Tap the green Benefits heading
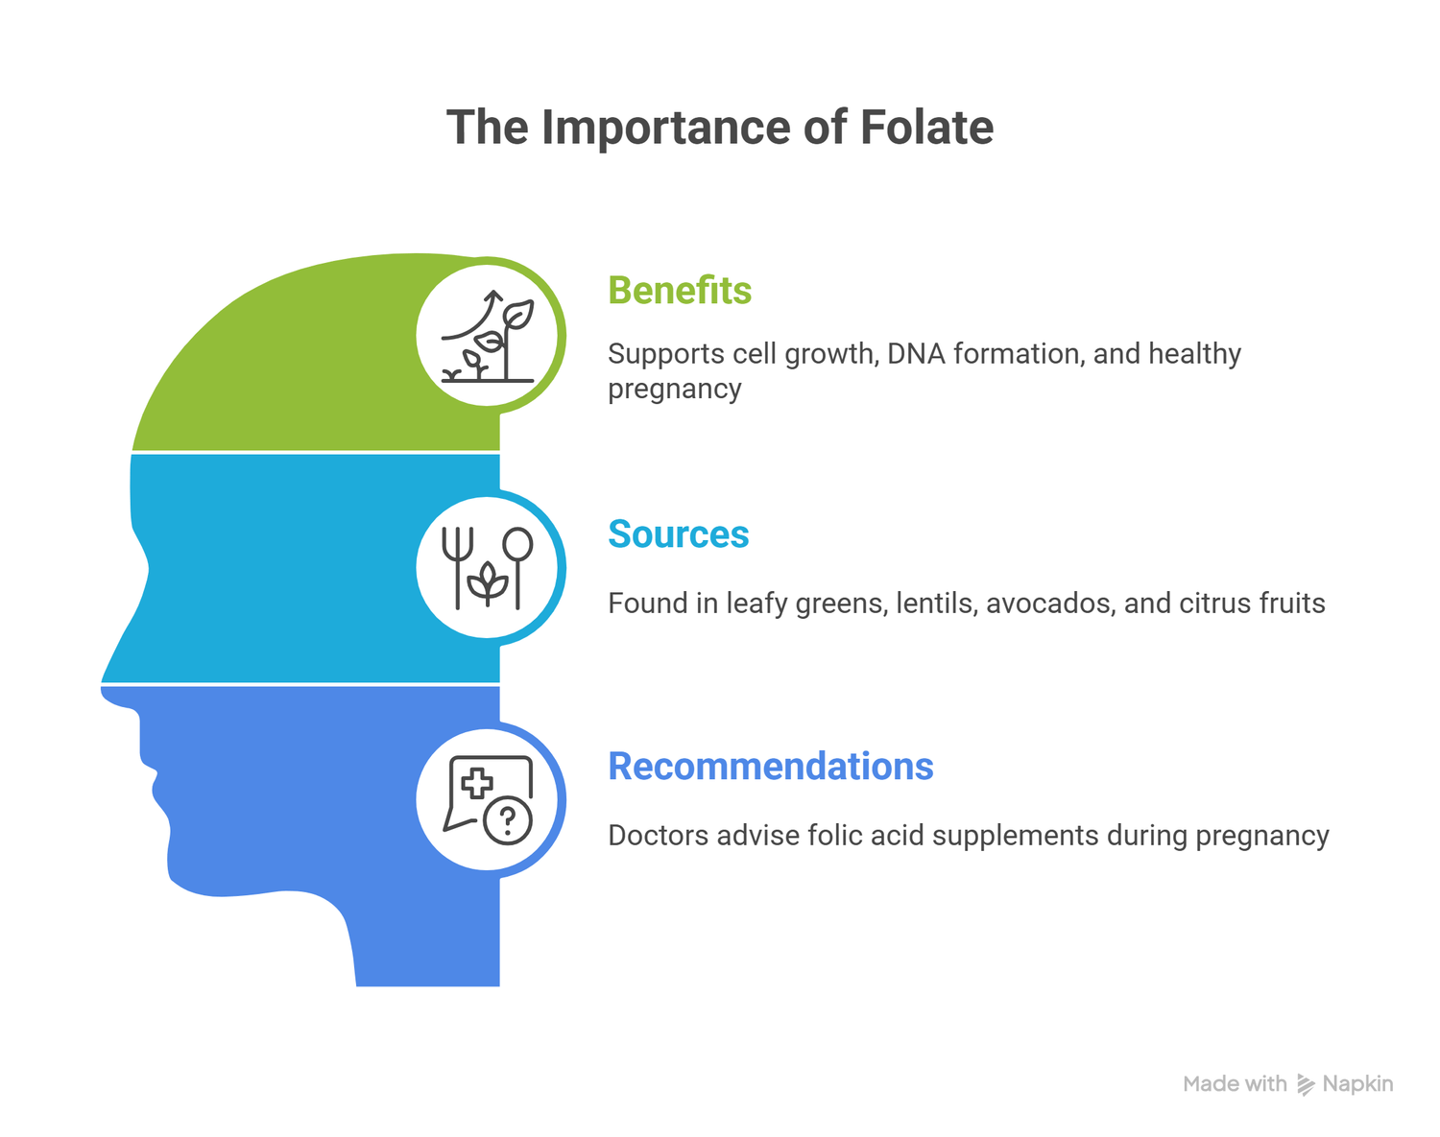click(680, 291)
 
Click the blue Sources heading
click(679, 534)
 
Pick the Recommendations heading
click(771, 767)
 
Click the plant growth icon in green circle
click(488, 336)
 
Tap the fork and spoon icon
click(488, 568)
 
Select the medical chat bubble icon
click(488, 799)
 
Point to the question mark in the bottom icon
click(509, 820)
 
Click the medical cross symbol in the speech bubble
click(476, 784)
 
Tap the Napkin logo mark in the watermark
click(1306, 1084)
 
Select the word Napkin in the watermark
click(1357, 1084)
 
